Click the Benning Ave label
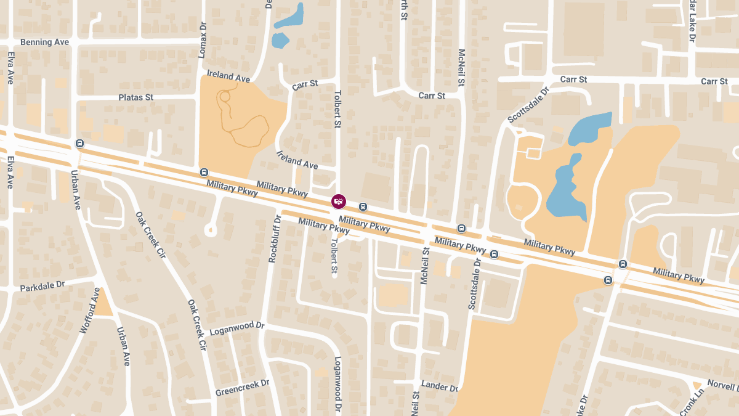pos(44,43)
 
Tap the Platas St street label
pos(135,97)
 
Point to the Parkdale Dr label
pos(42,287)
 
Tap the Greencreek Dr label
pos(242,388)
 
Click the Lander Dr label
pos(440,388)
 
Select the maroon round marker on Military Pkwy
pos(338,201)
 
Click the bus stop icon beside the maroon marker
pos(363,207)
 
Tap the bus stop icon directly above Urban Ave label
pos(79,144)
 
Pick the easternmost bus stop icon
pos(623,264)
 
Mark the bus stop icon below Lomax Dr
pos(204,172)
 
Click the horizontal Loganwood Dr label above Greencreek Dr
pos(236,328)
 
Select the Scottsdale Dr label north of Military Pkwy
pos(527,104)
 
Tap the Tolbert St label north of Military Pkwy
pos(337,110)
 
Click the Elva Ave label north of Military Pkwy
pos(10,68)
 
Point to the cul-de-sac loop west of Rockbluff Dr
pos(211,230)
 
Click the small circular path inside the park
pos(225,96)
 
